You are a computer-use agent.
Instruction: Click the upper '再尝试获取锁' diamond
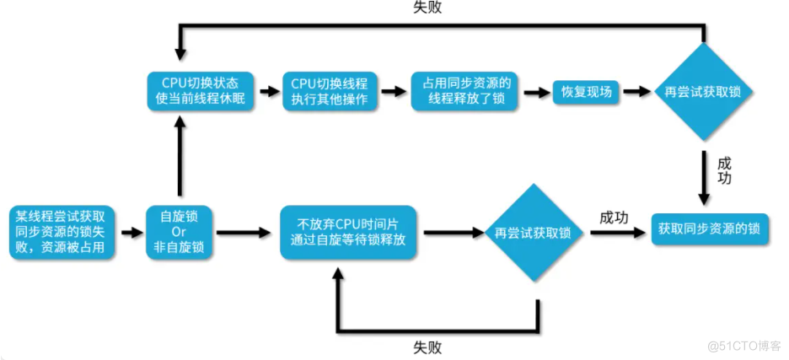(702, 91)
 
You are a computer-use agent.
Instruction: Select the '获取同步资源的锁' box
(710, 228)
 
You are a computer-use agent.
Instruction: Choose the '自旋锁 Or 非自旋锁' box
(179, 231)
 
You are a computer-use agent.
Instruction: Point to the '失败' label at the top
(427, 8)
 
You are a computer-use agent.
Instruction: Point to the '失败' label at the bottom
(427, 347)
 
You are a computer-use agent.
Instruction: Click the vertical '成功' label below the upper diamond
(723, 170)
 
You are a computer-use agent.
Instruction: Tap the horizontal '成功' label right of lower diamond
(614, 217)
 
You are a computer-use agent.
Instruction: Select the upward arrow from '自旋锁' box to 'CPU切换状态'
(179, 160)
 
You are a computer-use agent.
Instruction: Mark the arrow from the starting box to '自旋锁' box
(131, 231)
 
